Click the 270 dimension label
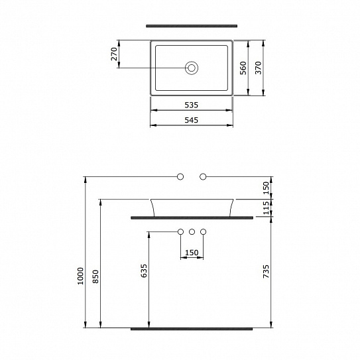click(114, 54)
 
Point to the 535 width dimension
click(192, 105)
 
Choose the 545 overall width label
click(192, 120)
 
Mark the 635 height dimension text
click(145, 271)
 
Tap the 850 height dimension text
click(96, 276)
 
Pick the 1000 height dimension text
click(80, 276)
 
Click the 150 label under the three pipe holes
click(192, 252)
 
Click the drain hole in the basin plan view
click(192, 67)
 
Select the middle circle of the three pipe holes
click(192, 231)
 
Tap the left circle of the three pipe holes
click(180, 231)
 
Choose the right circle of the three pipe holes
click(204, 231)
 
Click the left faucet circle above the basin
click(180, 176)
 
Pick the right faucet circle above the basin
click(204, 176)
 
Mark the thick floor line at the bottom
click(192, 328)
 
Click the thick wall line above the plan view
click(192, 27)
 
